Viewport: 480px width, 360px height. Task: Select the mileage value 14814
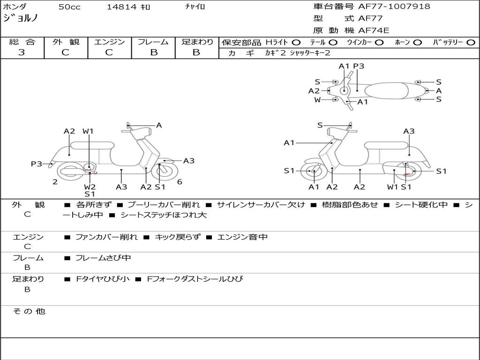[121, 7]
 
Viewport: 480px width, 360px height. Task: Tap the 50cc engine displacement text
[69, 7]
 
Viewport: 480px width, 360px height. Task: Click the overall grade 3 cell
[22, 52]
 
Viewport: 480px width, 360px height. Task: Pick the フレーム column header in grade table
[153, 42]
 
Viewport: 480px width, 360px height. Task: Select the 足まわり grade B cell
[196, 52]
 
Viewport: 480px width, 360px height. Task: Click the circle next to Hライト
[296, 43]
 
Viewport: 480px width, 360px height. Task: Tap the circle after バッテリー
[471, 43]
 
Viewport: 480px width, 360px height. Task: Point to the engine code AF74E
[374, 31]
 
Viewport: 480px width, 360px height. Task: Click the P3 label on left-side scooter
[37, 164]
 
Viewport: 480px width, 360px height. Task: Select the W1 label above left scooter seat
[88, 131]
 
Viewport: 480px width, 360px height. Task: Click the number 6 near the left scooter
[180, 182]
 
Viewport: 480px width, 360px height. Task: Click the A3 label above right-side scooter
[409, 131]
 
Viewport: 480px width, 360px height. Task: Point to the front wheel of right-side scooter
[313, 172]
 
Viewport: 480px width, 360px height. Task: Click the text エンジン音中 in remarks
[242, 237]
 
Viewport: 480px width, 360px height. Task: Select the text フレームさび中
[103, 258]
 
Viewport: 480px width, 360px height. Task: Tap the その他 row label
[29, 311]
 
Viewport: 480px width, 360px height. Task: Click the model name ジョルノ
[21, 18]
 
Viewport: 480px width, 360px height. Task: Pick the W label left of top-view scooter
[318, 100]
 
